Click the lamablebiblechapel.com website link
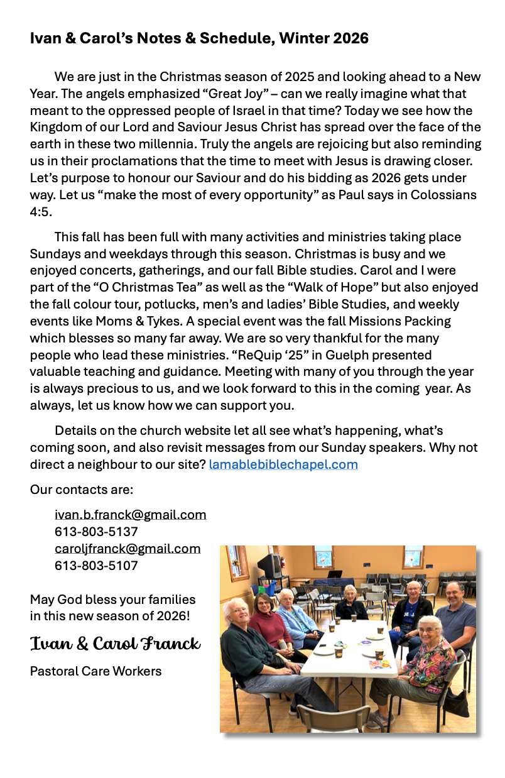pyautogui.click(x=283, y=465)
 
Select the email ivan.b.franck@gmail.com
pyautogui.click(x=130, y=515)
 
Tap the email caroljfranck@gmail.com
pyautogui.click(x=128, y=549)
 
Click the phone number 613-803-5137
pyautogui.click(x=96, y=532)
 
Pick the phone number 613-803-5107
pyautogui.click(x=96, y=566)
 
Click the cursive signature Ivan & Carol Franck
pyautogui.click(x=115, y=644)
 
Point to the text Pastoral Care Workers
pyautogui.click(x=95, y=671)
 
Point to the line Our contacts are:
pyautogui.click(x=82, y=490)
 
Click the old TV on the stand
pyautogui.click(x=271, y=564)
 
